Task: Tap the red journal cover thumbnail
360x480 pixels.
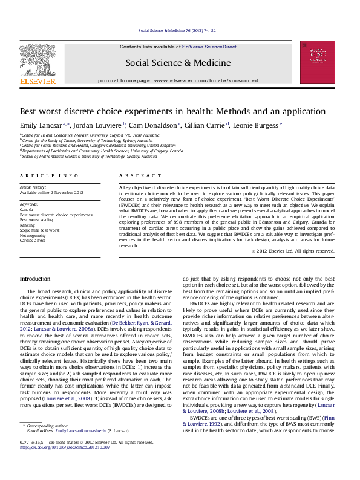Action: click(x=317, y=62)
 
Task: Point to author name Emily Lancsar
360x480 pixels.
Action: click(x=41, y=125)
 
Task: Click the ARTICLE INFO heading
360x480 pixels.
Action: click(x=49, y=175)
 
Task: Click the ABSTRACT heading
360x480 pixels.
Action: click(x=136, y=175)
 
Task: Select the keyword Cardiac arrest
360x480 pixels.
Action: click(x=33, y=240)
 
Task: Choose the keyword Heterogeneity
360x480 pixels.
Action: click(x=34, y=235)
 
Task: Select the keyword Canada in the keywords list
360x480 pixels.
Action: click(x=28, y=209)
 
